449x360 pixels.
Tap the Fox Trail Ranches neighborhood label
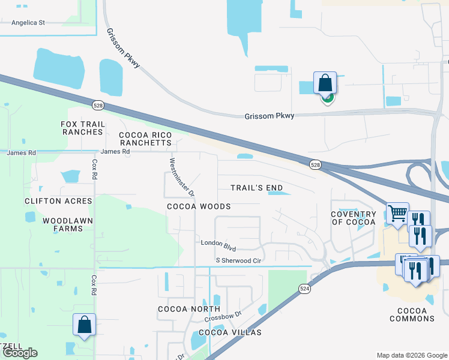83,128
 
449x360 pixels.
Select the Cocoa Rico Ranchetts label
145,139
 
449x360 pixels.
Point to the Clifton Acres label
58,201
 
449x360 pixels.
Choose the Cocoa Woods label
199,206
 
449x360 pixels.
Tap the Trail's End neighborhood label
256,188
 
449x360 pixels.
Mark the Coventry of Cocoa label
353,218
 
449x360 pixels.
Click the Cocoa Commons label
412,314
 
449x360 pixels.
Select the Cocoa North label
188,309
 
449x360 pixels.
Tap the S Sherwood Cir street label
239,260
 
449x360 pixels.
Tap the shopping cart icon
397,213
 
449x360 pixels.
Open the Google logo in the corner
20,353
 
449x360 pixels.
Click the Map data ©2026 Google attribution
412,355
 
